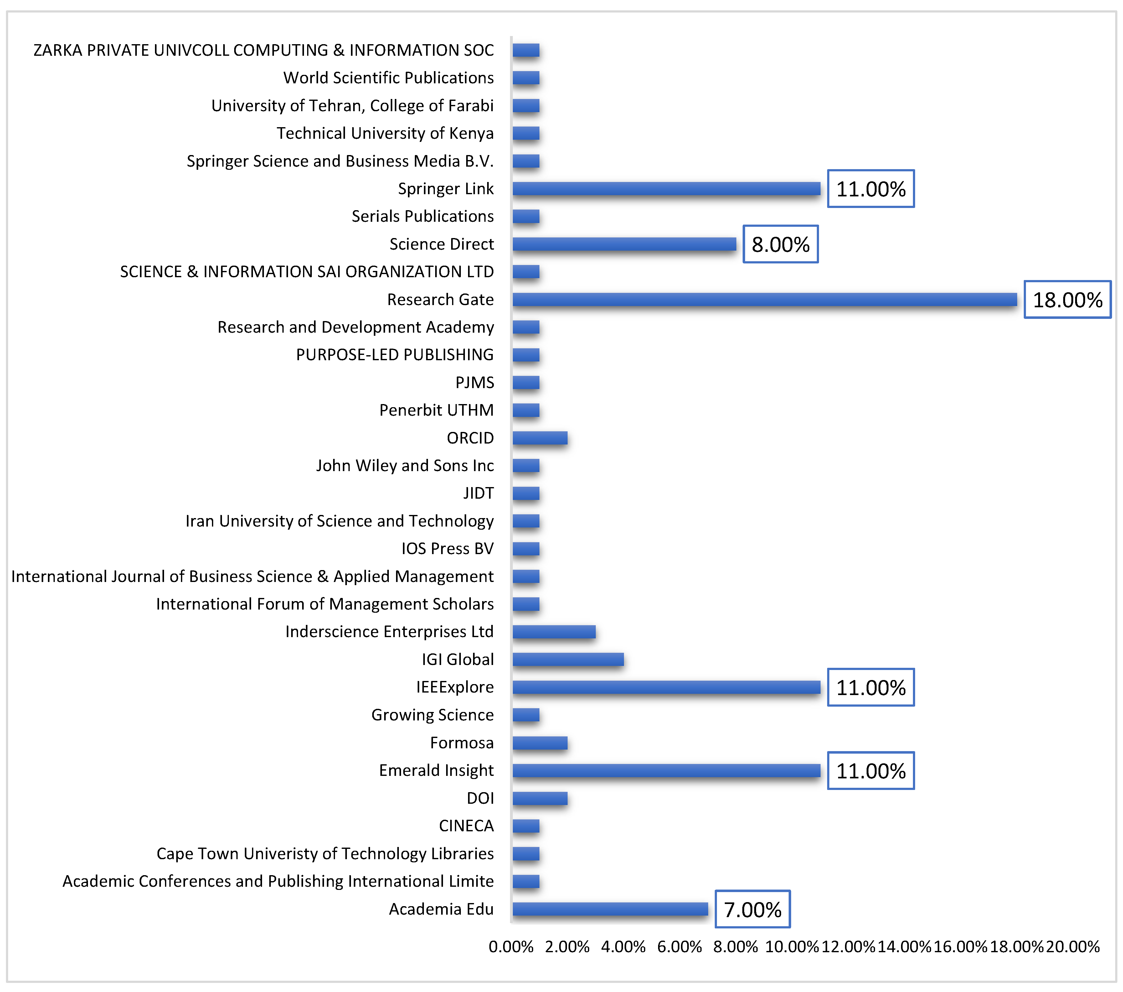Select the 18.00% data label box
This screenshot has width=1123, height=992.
1067,299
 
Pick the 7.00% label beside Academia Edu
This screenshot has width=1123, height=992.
752,910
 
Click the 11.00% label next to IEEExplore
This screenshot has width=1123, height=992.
871,688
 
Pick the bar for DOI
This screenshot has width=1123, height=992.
539,798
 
